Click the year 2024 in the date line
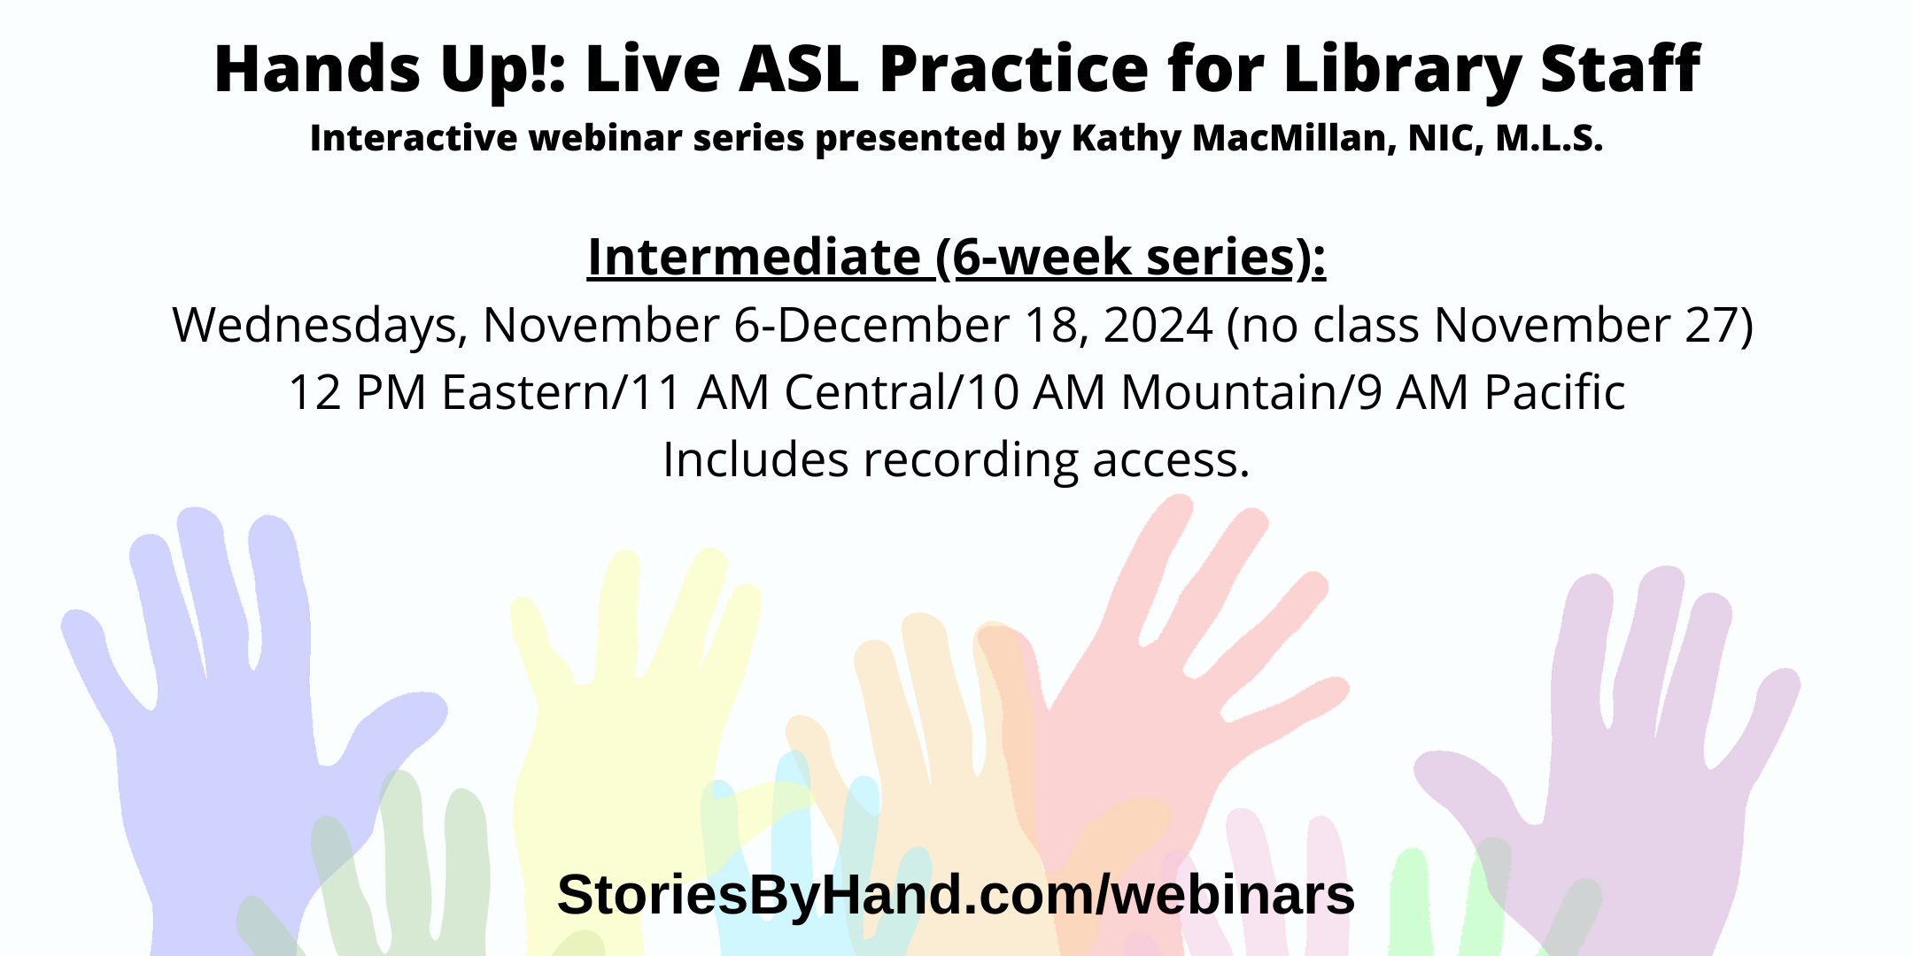tap(1158, 325)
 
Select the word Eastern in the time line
tap(526, 392)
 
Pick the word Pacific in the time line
tap(1554, 392)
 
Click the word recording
tap(971, 460)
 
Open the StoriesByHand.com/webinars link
tap(956, 894)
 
